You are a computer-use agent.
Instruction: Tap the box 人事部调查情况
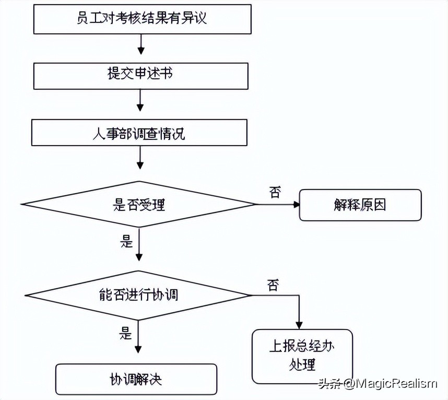(x=139, y=133)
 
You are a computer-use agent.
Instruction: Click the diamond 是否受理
(x=139, y=204)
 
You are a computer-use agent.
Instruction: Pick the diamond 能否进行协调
(x=138, y=295)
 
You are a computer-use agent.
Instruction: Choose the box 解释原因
(x=360, y=204)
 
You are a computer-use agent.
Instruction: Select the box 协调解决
(x=136, y=379)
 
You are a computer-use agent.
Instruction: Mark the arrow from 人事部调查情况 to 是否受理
(x=139, y=157)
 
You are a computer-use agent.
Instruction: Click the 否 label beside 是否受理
(x=275, y=192)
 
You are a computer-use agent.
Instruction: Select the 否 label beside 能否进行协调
(x=273, y=285)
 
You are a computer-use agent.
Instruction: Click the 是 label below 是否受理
(x=127, y=241)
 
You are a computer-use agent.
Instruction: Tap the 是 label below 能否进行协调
(x=127, y=333)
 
